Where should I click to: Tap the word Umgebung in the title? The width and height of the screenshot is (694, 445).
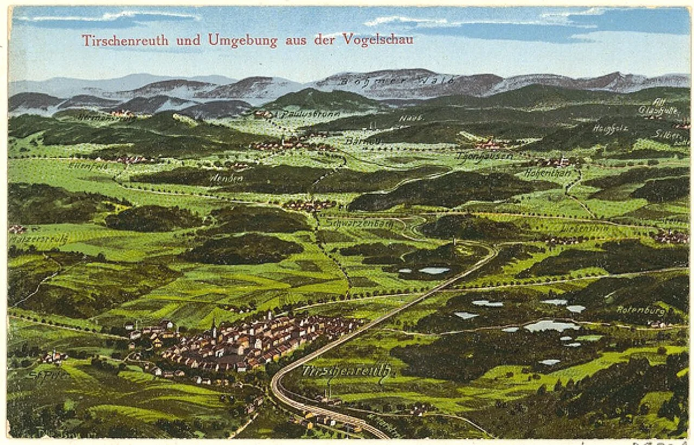(242, 40)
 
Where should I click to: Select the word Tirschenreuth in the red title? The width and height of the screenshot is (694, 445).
(126, 40)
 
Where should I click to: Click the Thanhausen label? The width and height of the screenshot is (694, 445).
(484, 156)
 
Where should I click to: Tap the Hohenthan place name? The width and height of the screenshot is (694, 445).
(548, 173)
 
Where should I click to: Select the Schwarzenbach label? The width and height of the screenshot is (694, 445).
(360, 223)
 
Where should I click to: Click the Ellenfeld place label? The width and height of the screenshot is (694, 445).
(88, 166)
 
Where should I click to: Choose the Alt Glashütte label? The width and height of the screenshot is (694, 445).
(658, 107)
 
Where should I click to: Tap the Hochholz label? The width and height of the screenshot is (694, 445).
(611, 129)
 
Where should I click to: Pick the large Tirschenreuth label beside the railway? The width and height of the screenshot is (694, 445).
(346, 371)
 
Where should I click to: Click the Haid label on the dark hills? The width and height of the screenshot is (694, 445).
(411, 118)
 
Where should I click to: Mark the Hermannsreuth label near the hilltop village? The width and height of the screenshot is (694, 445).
(97, 116)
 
